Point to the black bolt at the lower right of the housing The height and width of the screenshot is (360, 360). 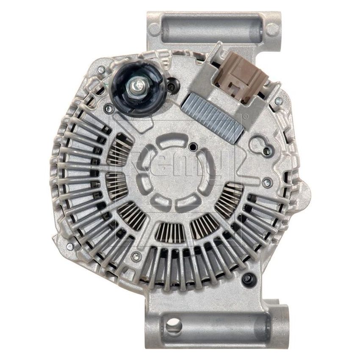tap(247, 278)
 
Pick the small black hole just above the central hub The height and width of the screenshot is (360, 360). tap(194, 147)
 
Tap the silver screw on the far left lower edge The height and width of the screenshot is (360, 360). tap(70, 246)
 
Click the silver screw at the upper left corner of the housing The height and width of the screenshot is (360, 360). tap(101, 69)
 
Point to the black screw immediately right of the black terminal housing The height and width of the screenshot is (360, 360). tap(171, 87)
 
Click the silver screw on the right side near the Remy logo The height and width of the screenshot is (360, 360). tap(266, 183)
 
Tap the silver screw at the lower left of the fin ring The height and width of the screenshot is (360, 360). tap(136, 255)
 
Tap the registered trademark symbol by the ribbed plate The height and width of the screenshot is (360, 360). tap(245, 115)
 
